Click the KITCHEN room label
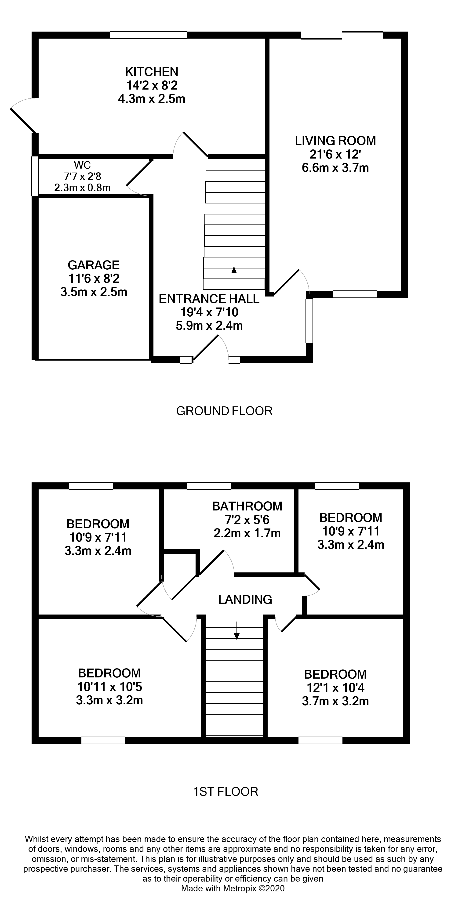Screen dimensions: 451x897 point(152,72)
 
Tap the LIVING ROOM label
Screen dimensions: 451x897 point(335,141)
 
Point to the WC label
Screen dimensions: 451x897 point(82,165)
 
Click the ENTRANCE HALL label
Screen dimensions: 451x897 point(209,299)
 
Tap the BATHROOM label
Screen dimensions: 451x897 point(247,506)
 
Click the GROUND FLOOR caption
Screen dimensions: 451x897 point(224,411)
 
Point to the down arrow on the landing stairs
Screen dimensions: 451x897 point(236,631)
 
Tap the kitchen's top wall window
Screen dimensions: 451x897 point(148,35)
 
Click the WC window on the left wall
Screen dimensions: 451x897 point(35,176)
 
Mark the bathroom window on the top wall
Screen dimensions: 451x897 point(209,486)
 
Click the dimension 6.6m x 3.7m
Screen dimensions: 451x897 point(335,168)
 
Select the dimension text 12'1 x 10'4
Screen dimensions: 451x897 point(335,688)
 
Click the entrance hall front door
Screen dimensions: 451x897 point(206,347)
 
